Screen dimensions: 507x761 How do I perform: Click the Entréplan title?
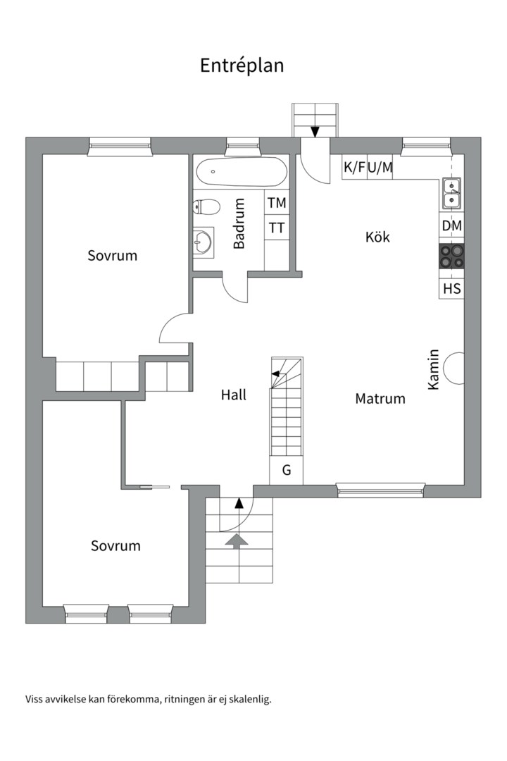click(x=242, y=66)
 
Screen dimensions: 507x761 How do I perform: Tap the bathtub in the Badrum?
click(x=240, y=171)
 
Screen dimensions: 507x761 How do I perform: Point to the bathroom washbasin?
click(x=203, y=242)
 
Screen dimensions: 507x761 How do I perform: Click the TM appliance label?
click(x=277, y=203)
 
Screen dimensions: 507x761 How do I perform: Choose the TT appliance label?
click(x=277, y=228)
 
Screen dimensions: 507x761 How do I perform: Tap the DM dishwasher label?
click(x=451, y=225)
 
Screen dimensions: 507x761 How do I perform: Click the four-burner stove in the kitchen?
click(x=451, y=256)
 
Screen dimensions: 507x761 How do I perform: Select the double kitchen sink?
click(x=451, y=192)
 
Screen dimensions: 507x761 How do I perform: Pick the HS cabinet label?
click(x=451, y=289)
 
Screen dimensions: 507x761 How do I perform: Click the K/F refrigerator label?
click(x=355, y=168)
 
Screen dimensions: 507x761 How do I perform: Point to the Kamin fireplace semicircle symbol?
click(x=454, y=368)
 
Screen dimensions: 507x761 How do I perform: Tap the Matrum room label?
click(x=380, y=399)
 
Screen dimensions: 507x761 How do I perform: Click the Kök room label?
click(x=377, y=237)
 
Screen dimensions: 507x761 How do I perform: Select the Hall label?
click(x=233, y=395)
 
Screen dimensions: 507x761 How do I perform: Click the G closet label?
click(x=287, y=470)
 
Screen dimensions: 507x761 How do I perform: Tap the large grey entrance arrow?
click(x=237, y=541)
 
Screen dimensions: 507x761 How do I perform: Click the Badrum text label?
click(x=239, y=223)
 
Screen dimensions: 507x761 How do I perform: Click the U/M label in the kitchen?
click(x=380, y=168)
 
